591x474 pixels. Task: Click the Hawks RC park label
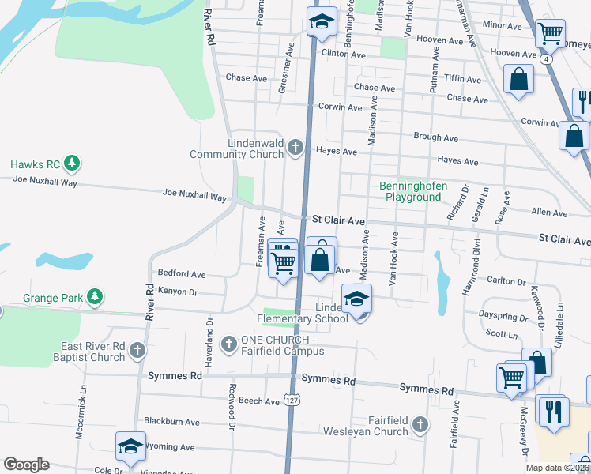click(36, 164)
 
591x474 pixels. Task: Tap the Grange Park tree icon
click(95, 297)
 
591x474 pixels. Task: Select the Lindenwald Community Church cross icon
click(295, 147)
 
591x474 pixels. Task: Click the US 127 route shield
click(292, 401)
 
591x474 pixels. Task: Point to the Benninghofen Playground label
click(413, 191)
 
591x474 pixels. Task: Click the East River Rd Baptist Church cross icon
click(137, 349)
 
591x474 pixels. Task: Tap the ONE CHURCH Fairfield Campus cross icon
click(229, 344)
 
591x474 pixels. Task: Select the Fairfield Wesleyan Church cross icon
click(420, 426)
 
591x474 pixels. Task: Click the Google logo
click(26, 465)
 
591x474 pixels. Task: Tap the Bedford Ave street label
click(182, 274)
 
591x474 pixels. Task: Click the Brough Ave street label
click(435, 137)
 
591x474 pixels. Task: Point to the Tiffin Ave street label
click(463, 80)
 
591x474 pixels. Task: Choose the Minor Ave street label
click(503, 26)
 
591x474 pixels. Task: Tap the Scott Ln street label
click(501, 334)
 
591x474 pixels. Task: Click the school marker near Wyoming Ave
click(130, 446)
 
